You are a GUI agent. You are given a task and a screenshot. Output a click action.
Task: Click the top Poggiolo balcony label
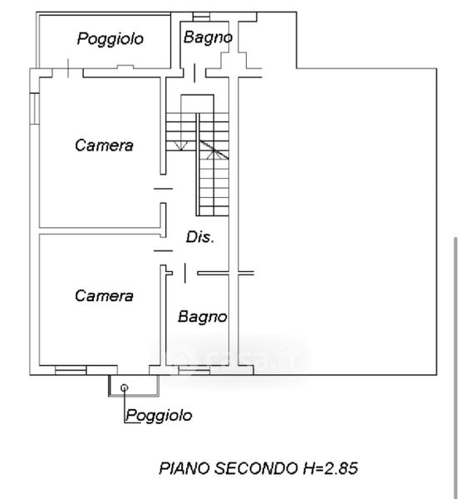pyautogui.click(x=110, y=39)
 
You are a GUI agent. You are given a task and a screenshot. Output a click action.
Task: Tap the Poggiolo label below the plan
pyautogui.click(x=159, y=415)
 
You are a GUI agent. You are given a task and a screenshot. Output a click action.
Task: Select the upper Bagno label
pyautogui.click(x=208, y=37)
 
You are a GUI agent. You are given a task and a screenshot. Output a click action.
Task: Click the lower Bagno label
pyautogui.click(x=203, y=317)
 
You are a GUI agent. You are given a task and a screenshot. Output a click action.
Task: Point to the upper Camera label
pyautogui.click(x=104, y=146)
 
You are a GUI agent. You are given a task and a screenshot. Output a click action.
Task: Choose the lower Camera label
pyautogui.click(x=104, y=295)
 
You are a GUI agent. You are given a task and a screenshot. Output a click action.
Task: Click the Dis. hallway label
pyautogui.click(x=200, y=237)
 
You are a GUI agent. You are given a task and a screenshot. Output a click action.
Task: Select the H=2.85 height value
pyautogui.click(x=331, y=468)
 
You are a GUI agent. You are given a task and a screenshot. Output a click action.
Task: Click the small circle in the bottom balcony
pyautogui.click(x=125, y=388)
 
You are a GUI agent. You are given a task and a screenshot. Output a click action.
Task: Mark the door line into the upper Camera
pyautogui.click(x=164, y=189)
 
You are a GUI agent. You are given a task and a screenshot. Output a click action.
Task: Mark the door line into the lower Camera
pyautogui.click(x=164, y=251)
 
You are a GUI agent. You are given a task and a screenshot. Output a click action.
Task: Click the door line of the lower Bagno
pyautogui.click(x=185, y=273)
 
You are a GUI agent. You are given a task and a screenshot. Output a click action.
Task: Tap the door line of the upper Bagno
pyautogui.click(x=194, y=73)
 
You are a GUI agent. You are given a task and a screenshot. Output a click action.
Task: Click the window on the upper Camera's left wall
pyautogui.click(x=35, y=108)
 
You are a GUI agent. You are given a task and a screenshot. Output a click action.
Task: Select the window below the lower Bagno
pyautogui.click(x=194, y=371)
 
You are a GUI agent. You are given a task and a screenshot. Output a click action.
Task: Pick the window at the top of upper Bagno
pyautogui.click(x=202, y=17)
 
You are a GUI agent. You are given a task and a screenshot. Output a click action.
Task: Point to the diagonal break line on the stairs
pyautogui.click(x=214, y=149)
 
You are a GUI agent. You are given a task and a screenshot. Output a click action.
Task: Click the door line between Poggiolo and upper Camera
pyautogui.click(x=68, y=68)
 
